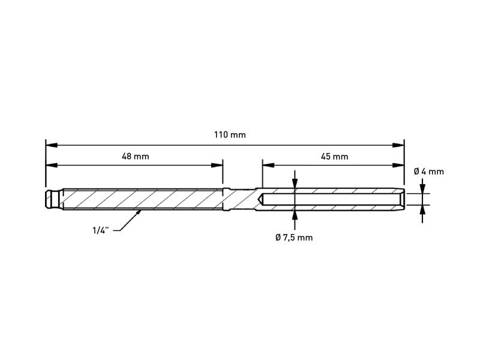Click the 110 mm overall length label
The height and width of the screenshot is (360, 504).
coord(230,134)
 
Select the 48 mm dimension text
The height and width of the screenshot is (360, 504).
coord(136,157)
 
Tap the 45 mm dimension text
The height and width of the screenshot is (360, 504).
coord(334,157)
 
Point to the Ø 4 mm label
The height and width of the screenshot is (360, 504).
coord(429,172)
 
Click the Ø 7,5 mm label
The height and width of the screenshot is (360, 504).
coord(294,238)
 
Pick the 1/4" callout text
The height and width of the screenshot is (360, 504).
coord(101,230)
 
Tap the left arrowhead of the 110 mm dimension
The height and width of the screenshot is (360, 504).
coord(52,145)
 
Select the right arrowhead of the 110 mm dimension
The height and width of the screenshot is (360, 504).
coord(398,145)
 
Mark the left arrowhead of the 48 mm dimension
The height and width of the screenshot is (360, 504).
coord(52,165)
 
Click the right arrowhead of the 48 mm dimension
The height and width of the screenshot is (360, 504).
coord(217,165)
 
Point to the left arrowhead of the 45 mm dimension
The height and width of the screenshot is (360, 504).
coord(268,165)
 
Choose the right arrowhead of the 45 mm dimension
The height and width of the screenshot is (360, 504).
coord(398,165)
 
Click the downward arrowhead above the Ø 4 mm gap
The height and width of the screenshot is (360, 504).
coord(422,188)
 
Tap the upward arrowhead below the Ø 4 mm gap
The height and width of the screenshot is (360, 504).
coord(422,211)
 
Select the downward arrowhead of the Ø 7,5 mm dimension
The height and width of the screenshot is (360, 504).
coord(295,182)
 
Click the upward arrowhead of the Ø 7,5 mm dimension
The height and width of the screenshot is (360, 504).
coord(295,217)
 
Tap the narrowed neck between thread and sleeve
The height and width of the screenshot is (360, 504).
coord(242,199)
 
